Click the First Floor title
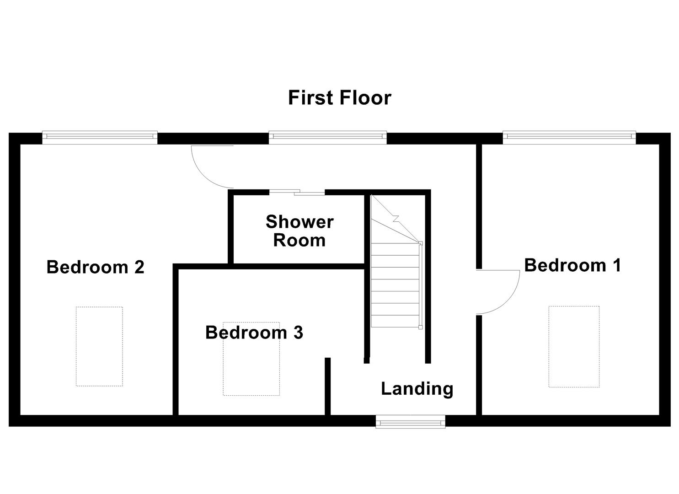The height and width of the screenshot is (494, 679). coord(339,98)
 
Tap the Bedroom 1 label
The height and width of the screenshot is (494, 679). coord(572,265)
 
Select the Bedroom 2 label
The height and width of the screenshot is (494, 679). coord(95,267)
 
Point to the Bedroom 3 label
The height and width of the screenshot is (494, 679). coord(254,333)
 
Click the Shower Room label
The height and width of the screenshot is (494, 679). coord(299,231)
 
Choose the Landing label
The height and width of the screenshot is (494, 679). coord(417,389)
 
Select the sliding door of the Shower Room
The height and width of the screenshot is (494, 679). coord(297,193)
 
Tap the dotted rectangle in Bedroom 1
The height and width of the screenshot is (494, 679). coord(574,347)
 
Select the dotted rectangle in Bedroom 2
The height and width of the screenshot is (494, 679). coord(99,346)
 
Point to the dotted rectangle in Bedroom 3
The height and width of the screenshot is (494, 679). coord(251,366)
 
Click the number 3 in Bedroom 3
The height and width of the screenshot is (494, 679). coord(298,333)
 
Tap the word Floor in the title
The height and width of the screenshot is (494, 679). coord(365,98)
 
